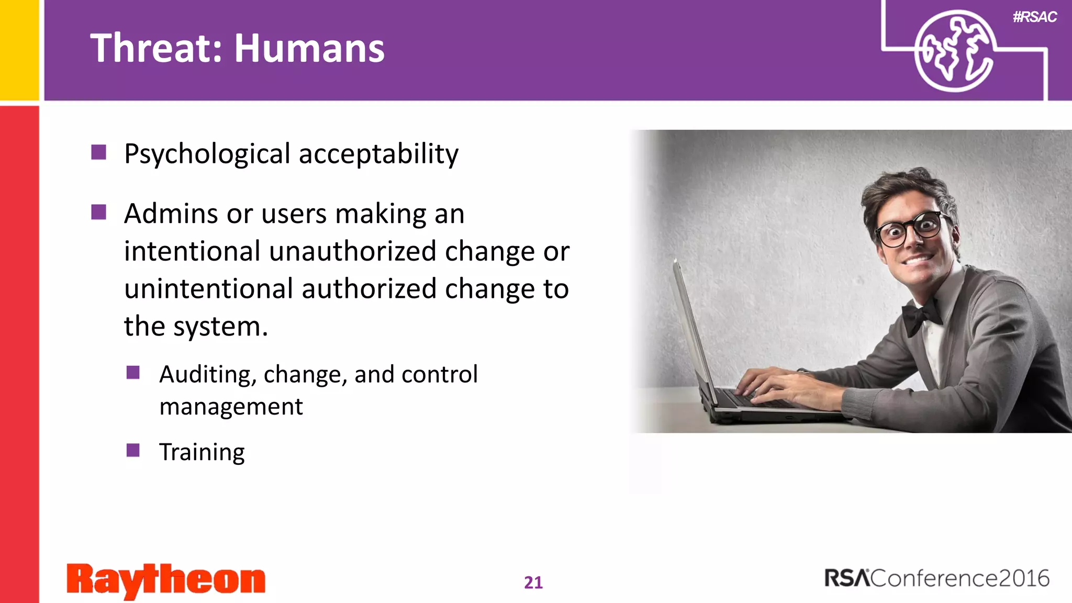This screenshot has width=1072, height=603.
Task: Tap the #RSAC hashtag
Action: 1034,17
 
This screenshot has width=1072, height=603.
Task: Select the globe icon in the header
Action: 954,51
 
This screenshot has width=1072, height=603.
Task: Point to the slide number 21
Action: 533,582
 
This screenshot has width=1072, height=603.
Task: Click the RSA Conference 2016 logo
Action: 937,578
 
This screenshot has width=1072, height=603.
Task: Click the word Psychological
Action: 207,154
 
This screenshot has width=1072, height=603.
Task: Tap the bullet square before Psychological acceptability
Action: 98,152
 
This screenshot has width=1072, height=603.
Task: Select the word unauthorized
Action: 353,251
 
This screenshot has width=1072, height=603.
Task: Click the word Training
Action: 202,452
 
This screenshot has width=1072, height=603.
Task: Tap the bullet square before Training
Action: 133,450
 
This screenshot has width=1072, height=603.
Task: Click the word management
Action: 231,407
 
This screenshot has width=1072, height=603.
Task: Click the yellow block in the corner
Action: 19,50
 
